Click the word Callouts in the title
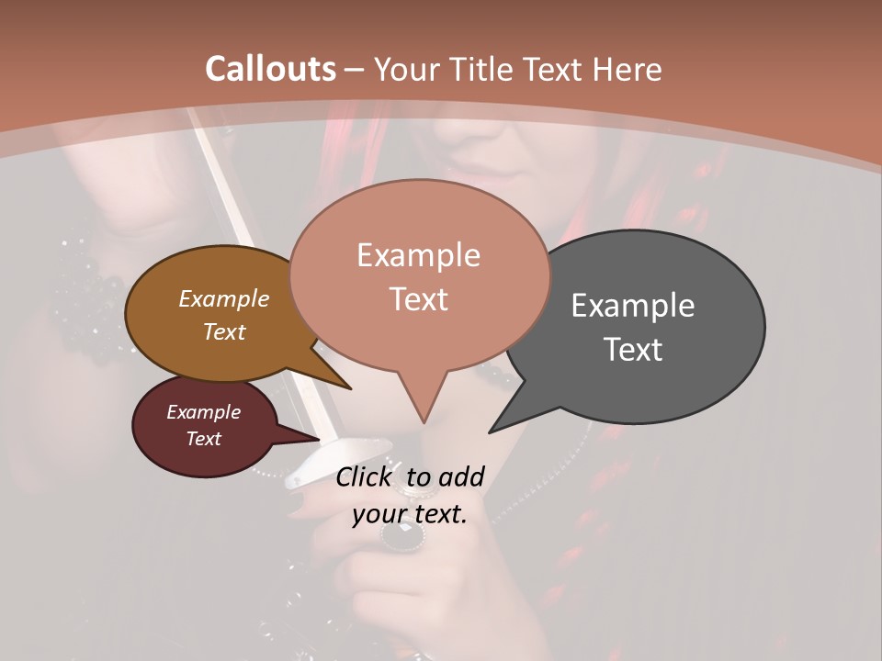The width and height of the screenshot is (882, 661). (270, 69)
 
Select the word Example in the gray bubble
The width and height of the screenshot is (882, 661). (633, 306)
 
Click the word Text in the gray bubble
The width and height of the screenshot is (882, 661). (633, 350)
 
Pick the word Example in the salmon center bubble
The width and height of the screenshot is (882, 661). (418, 255)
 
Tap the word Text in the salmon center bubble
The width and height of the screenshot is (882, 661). (418, 299)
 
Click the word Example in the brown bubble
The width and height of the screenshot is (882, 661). (223, 299)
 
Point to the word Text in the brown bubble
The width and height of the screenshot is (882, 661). (223, 331)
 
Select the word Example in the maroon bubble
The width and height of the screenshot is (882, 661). (203, 412)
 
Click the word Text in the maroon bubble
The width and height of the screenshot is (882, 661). (203, 439)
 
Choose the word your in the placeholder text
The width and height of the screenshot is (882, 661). (379, 513)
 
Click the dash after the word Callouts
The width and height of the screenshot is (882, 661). (355, 70)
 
